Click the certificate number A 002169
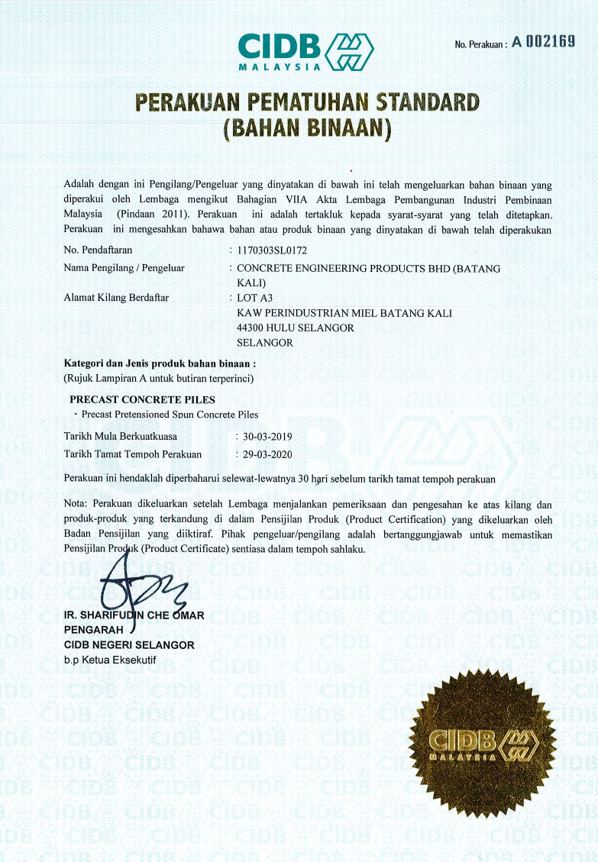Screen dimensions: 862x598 coord(543,42)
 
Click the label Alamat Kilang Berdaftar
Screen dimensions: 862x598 coord(116,297)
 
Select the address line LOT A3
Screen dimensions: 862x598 coord(255,297)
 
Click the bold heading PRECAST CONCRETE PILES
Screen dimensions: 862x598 coord(142,399)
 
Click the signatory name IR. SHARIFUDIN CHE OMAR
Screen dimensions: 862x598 coord(134,616)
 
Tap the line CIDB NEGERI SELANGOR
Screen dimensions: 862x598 coord(128,645)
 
